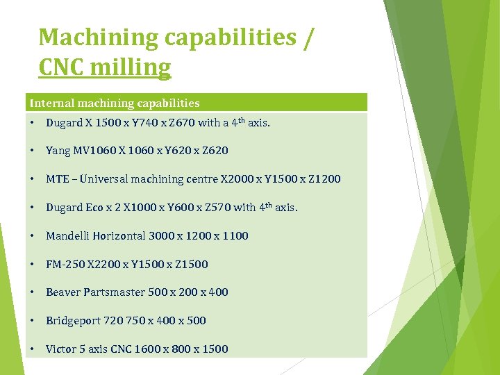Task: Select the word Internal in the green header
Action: point(50,103)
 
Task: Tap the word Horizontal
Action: point(118,236)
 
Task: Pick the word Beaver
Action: point(63,292)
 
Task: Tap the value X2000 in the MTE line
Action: point(237,179)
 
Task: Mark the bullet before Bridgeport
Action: point(33,321)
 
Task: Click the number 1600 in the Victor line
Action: point(142,349)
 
